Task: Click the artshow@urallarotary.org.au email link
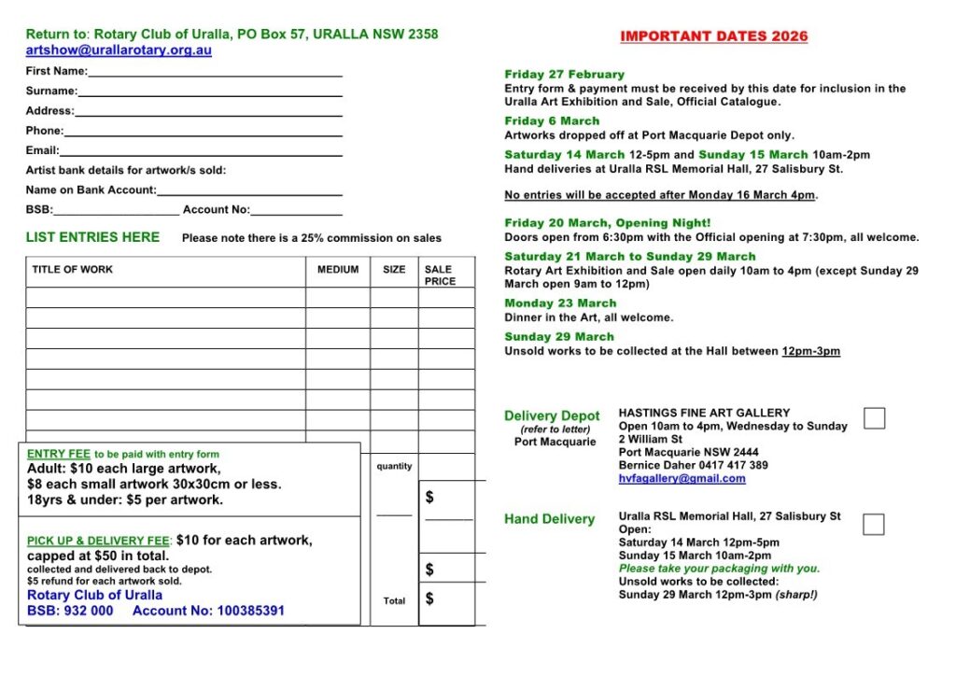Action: pos(119,50)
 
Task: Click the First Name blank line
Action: pos(215,73)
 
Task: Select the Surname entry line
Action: pos(210,92)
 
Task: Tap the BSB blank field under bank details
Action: pos(116,211)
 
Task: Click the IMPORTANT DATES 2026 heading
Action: pos(714,36)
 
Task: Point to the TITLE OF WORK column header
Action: pos(72,270)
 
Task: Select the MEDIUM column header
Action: pos(338,270)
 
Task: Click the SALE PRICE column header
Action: pos(440,275)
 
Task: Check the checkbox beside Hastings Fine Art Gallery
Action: pos(874,418)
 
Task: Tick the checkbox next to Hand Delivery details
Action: pos(874,524)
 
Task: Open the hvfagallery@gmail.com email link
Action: pos(682,479)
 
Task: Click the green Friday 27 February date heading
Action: pos(564,75)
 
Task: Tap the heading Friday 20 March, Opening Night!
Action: pos(607,223)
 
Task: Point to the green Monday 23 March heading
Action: pos(560,303)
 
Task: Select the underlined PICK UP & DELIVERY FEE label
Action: pos(98,541)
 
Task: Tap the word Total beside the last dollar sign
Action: pos(394,601)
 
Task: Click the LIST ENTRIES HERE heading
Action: pos(92,237)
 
